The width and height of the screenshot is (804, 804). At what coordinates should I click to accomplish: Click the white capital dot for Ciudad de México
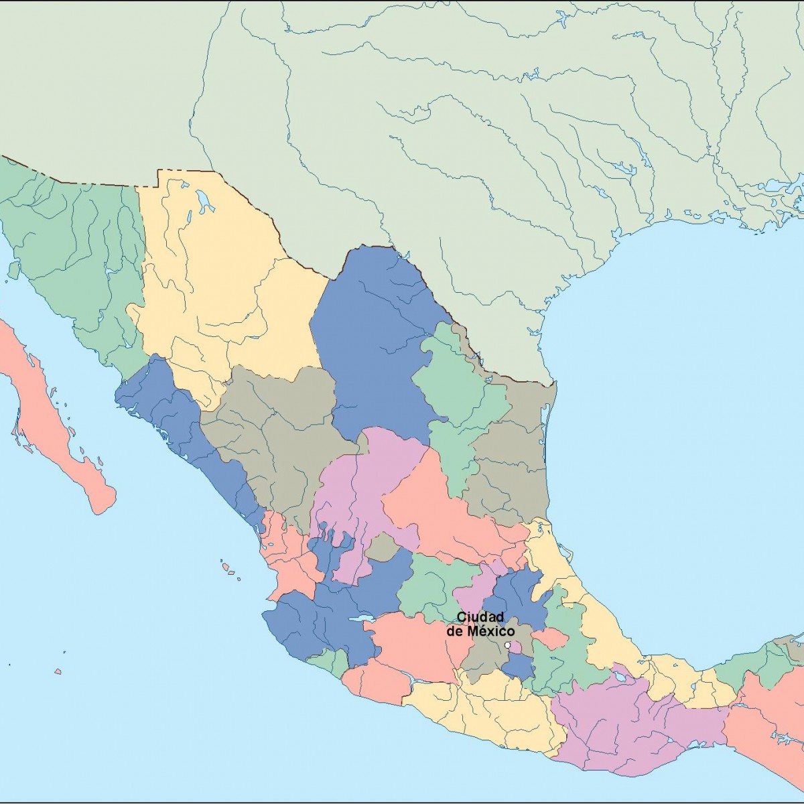click(507, 645)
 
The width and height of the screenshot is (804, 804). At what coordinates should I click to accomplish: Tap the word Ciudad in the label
click(480, 617)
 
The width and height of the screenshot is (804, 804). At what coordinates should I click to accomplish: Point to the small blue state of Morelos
click(518, 666)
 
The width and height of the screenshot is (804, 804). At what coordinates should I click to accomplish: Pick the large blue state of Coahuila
click(375, 342)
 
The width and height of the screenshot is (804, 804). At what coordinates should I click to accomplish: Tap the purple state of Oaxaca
click(616, 724)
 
